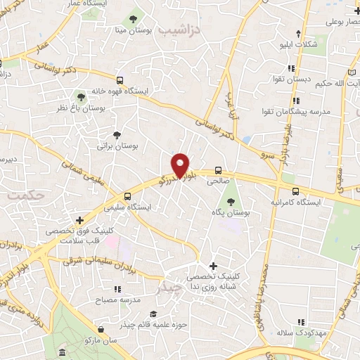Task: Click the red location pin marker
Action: click(181, 165)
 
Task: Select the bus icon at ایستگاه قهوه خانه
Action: click(120, 80)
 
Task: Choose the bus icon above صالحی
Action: click(218, 170)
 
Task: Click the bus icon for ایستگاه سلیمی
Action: click(128, 197)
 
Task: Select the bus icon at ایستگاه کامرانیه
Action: click(295, 191)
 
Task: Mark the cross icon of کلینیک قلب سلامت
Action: click(79, 220)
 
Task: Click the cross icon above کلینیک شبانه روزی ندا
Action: click(213, 265)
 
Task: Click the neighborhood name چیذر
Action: click(171, 288)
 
